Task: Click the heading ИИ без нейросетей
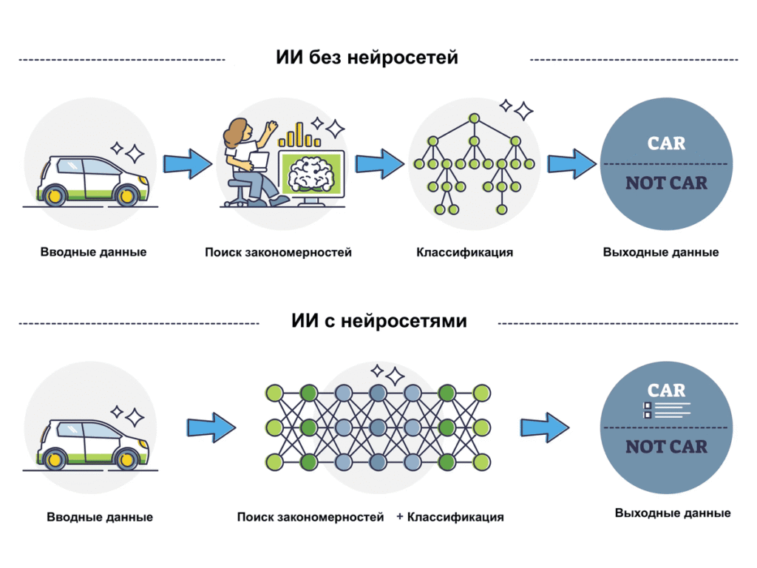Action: tap(367, 57)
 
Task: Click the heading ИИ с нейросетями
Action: tap(378, 322)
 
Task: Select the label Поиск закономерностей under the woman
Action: tap(278, 252)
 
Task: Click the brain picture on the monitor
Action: tap(311, 175)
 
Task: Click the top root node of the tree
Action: tap(473, 118)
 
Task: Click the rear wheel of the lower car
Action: tap(54, 459)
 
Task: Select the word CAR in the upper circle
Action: tap(666, 143)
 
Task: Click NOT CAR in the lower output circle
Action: tap(666, 447)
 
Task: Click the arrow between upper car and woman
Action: tap(186, 163)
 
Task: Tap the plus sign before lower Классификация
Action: tap(400, 516)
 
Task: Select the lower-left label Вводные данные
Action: tap(100, 517)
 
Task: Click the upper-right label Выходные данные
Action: tap(660, 252)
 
